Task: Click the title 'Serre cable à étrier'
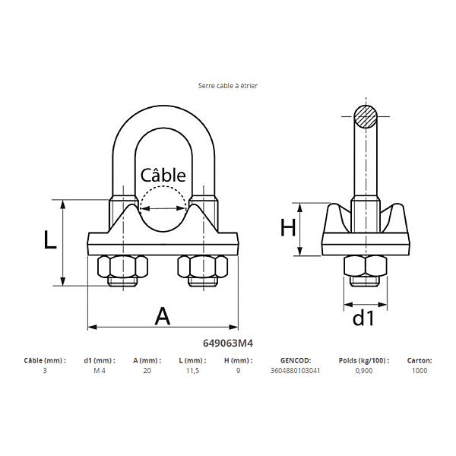pos(228,86)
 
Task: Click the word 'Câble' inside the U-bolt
pos(163,175)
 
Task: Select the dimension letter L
pos(49,241)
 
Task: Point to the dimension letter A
pos(163,315)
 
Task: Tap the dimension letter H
pos(287,227)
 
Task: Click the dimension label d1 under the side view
pos(363,318)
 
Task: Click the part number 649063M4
pos(228,344)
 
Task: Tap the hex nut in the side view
pos(365,267)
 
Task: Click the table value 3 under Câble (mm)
pos(44,371)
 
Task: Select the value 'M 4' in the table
pos(99,371)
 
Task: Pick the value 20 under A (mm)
pos(147,371)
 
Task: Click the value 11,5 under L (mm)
pos(193,371)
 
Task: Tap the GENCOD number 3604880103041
pos(296,371)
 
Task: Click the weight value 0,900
pos(364,371)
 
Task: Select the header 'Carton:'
pos(420,360)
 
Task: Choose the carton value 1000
pos(420,371)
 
